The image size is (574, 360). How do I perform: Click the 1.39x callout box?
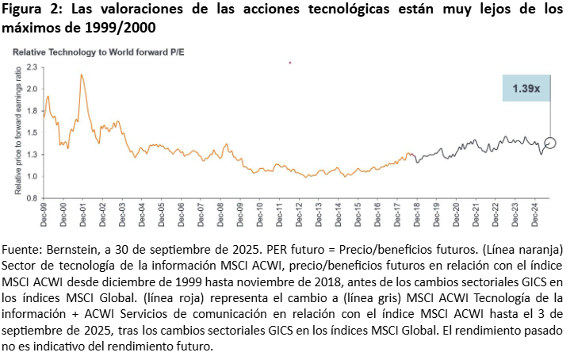[x=526, y=89]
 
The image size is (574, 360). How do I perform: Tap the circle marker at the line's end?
[x=550, y=144]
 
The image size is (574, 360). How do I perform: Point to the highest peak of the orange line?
[x=82, y=75]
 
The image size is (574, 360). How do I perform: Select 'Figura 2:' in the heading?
[x=33, y=10]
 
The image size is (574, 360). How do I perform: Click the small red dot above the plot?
[x=290, y=62]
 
